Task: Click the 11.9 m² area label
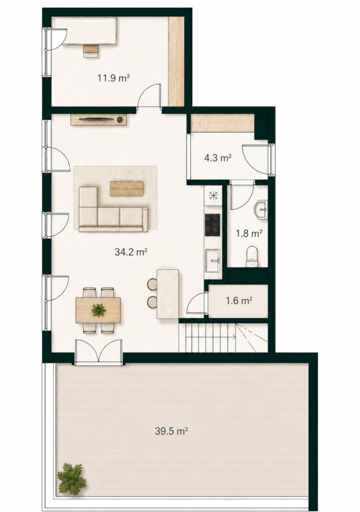(x=113, y=78)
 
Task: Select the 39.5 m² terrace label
(x=172, y=431)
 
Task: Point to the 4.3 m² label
(x=218, y=158)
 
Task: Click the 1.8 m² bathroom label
(x=249, y=233)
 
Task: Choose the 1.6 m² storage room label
(x=239, y=300)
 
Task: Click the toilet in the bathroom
(x=252, y=257)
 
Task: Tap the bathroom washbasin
(x=260, y=209)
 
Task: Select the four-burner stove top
(x=212, y=225)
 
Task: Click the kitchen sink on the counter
(x=213, y=260)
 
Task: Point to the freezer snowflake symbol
(x=213, y=196)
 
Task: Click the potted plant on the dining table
(x=99, y=310)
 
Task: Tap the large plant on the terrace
(x=70, y=479)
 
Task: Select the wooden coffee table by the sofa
(x=127, y=189)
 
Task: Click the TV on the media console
(x=97, y=119)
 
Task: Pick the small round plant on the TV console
(x=120, y=120)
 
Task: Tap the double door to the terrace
(x=99, y=352)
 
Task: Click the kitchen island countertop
(x=168, y=294)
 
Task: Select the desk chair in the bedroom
(x=91, y=51)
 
